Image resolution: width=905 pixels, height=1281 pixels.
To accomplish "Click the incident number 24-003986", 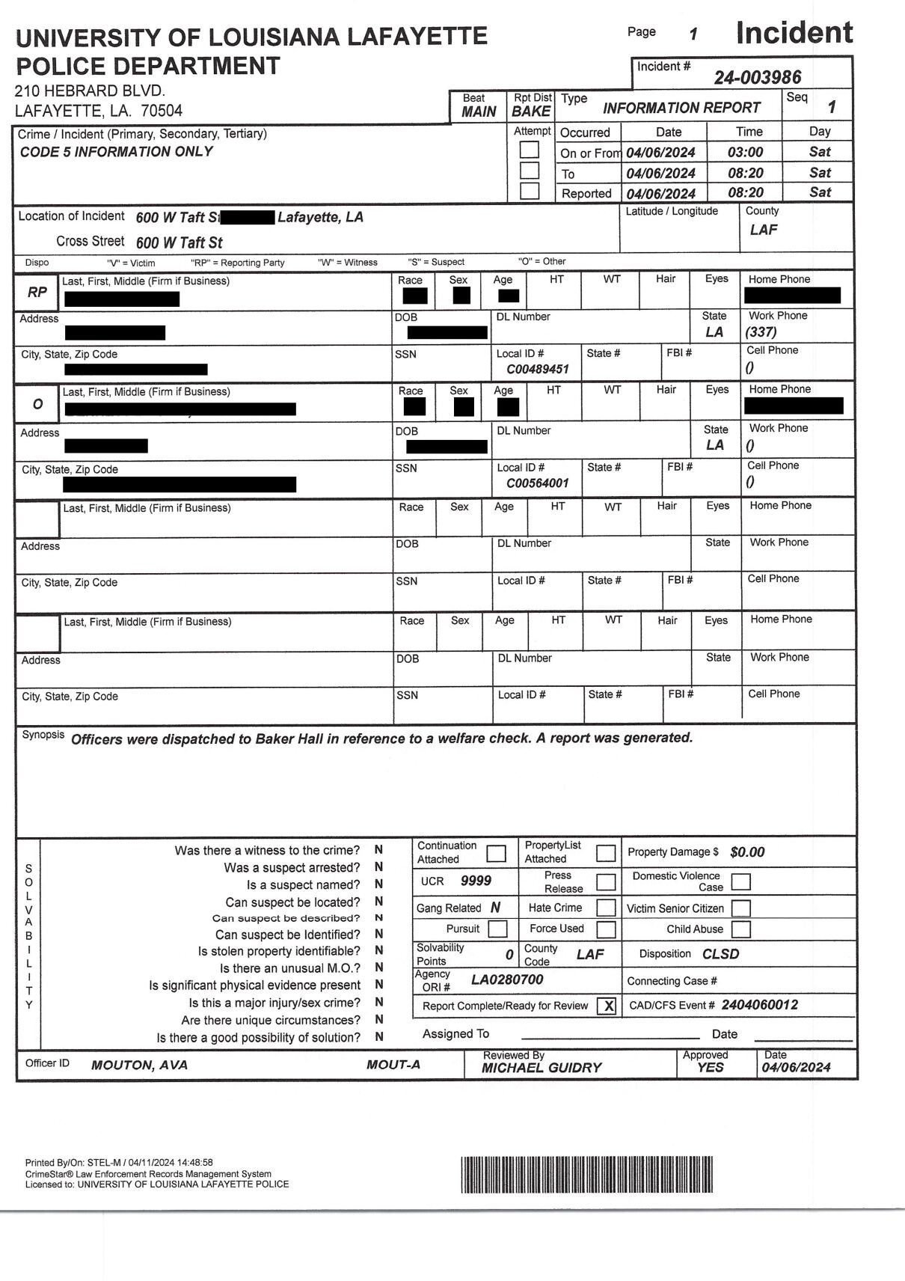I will point(757,77).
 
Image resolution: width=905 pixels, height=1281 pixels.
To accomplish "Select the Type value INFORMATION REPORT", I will point(681,108).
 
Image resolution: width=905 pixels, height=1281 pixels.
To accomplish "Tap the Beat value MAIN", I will point(479,111).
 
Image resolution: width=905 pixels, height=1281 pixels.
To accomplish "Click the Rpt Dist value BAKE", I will point(531,111).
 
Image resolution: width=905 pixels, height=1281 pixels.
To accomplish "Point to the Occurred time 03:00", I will point(745,153).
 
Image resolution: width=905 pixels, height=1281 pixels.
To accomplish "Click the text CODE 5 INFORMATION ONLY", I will point(116,152).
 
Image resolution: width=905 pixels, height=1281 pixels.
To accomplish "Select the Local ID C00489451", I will point(537,370).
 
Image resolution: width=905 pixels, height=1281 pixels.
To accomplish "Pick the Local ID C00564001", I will point(537,483).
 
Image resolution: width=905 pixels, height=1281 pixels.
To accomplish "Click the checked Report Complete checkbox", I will point(608,1006).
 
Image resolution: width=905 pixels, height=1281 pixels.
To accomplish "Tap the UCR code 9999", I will point(476,881).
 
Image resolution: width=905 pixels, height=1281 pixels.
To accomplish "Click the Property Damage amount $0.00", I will point(747,852).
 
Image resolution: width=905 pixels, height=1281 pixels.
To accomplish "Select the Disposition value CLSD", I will point(720,954).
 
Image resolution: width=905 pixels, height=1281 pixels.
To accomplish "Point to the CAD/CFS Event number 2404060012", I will point(759,1005).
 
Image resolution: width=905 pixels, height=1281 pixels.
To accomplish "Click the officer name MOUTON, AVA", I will point(139,1066).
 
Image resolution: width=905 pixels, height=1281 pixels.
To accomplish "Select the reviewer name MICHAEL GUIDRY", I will point(541,1068).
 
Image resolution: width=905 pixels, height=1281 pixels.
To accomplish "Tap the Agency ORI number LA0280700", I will point(506,979).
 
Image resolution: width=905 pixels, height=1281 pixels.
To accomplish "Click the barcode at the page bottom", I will point(586,1174).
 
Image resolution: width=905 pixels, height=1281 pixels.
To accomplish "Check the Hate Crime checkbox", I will point(606,908).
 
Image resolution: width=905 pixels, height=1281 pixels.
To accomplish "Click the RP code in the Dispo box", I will point(37,293).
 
